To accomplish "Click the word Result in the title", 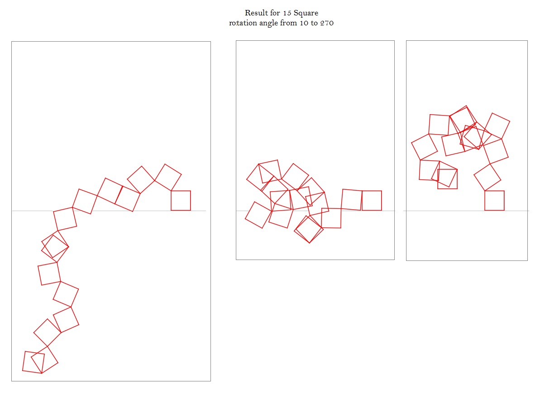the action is tap(256, 13).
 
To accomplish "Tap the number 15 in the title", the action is tap(287, 13).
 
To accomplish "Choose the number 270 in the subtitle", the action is tap(327, 23).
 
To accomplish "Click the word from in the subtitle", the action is tap(289, 23).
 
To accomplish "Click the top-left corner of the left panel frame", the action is tap(11, 41).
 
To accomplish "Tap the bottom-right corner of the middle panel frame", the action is tap(394, 260).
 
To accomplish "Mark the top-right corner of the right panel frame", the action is tap(527, 40).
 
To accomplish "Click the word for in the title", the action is tap(275, 13).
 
